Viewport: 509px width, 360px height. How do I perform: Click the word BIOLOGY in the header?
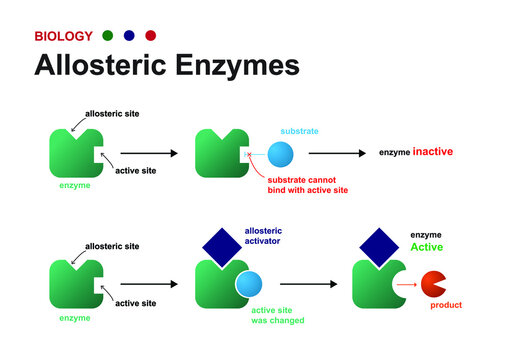coord(63,36)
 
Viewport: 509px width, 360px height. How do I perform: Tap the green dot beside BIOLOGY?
coord(107,36)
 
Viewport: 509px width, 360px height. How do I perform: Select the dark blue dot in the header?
coord(129,36)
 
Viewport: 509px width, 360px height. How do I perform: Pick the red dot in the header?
coord(150,36)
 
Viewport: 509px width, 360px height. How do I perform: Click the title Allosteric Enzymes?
coord(166,66)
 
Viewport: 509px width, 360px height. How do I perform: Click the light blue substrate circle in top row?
coord(281,155)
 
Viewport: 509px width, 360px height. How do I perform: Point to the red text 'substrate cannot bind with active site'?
coord(306,184)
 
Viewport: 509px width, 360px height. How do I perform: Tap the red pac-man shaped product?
coord(434,285)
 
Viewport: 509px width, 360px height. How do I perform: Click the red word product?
coord(446,305)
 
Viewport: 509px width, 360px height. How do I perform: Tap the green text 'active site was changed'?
coord(278,315)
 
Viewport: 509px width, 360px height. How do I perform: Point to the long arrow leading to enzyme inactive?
coord(338,153)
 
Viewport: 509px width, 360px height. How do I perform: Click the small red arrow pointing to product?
coord(405,285)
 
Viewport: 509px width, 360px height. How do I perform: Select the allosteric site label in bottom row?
coord(112,246)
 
